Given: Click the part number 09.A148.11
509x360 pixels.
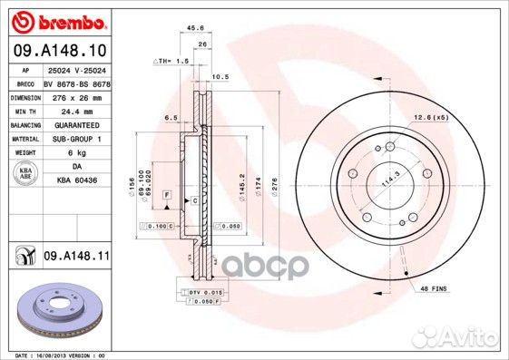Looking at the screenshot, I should tap(76, 257).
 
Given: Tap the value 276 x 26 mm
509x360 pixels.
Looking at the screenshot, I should tap(76, 95).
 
